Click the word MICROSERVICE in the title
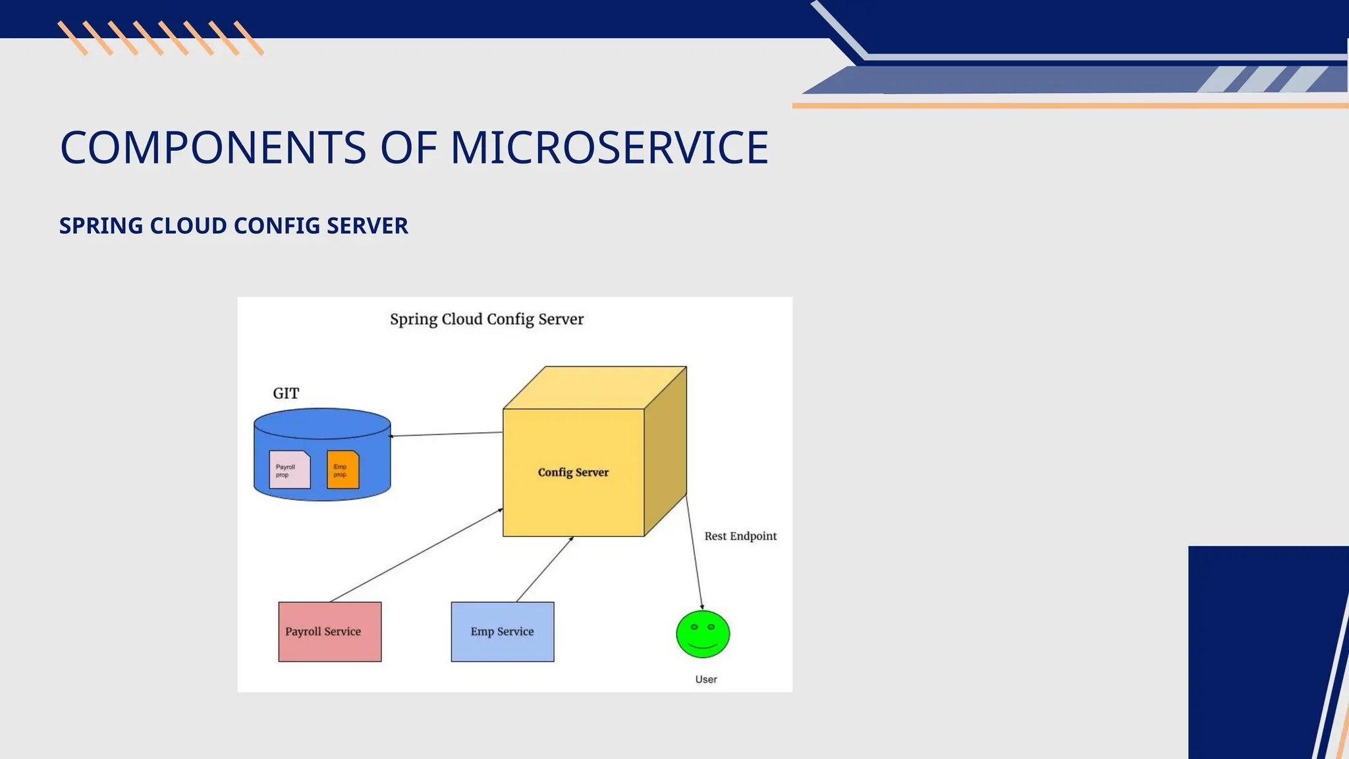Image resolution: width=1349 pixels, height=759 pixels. point(609,148)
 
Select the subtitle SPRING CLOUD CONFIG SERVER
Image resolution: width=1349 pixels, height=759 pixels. point(234,226)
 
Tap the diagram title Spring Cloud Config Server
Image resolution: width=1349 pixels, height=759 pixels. point(487,320)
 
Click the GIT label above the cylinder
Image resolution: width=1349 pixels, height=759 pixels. point(286,393)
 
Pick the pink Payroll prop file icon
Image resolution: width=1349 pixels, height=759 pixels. point(290,470)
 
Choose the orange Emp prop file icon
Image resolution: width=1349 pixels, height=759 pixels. point(343,470)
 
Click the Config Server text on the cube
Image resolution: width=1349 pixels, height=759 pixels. point(573,472)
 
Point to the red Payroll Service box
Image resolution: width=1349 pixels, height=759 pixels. point(329,631)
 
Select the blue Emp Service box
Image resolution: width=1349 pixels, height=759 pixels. point(502,631)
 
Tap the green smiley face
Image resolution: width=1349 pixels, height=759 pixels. point(703,634)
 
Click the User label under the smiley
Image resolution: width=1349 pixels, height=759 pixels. point(706,679)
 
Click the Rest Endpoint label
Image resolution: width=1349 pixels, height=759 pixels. point(740,536)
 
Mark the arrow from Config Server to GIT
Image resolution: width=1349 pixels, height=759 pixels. point(447,434)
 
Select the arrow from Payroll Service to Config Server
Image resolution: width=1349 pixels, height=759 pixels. point(416,555)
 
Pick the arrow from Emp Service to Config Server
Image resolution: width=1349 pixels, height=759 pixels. point(545,569)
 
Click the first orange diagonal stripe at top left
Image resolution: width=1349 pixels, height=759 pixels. point(72,38)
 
